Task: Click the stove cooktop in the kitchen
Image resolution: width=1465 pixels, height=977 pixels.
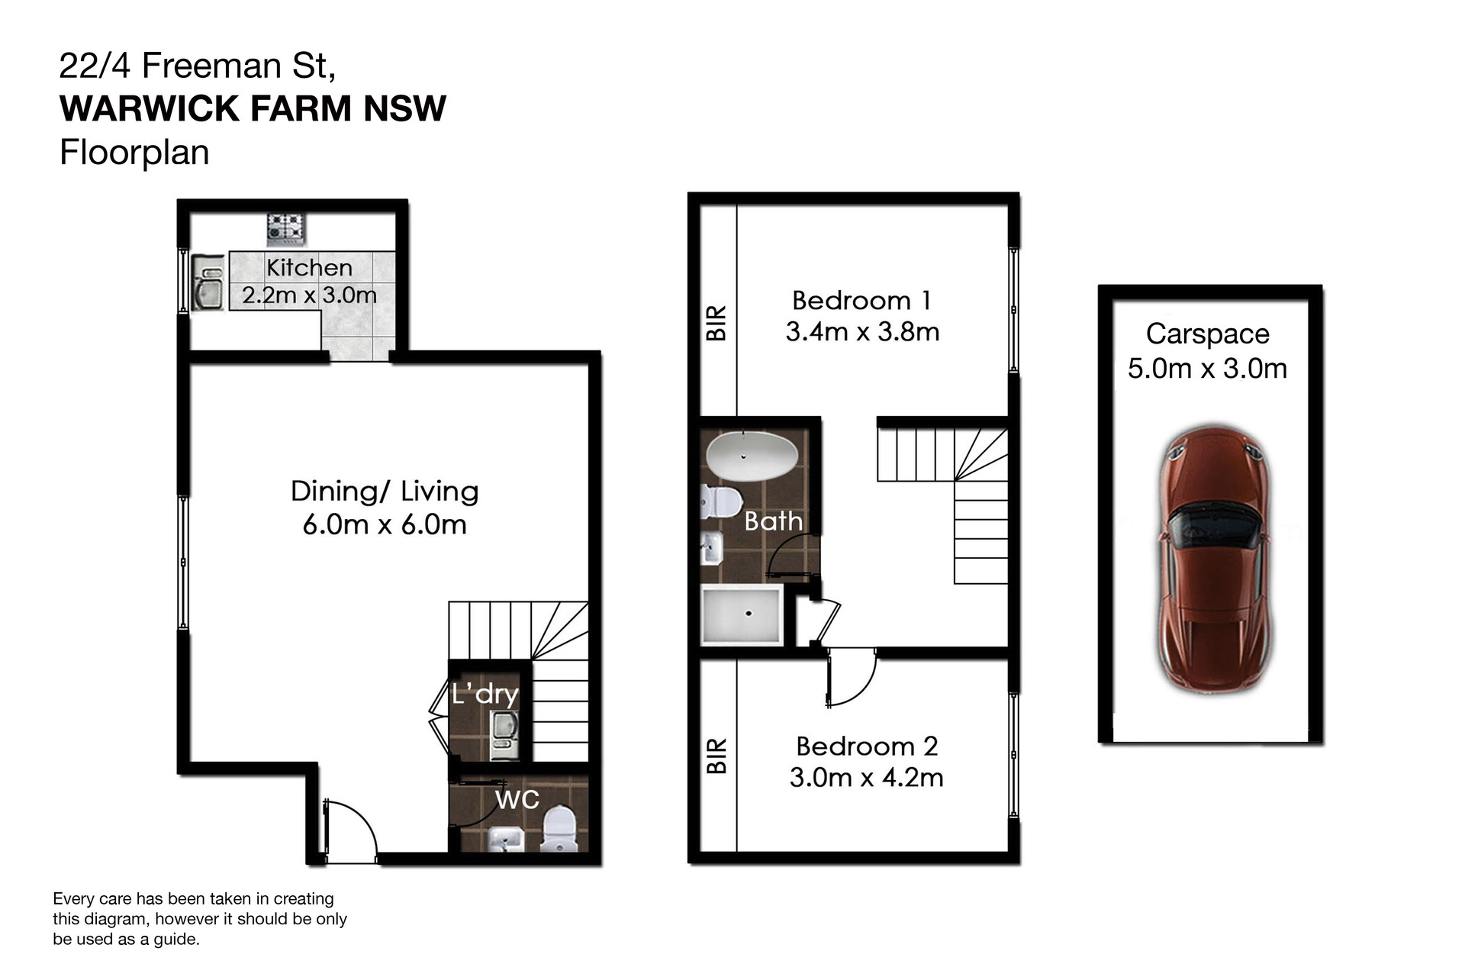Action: [x=286, y=230]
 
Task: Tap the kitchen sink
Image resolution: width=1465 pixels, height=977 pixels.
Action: [x=208, y=282]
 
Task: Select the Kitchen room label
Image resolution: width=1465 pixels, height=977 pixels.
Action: [x=309, y=268]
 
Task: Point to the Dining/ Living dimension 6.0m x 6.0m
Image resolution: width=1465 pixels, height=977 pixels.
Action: [x=385, y=524]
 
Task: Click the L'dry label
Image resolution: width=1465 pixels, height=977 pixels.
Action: [x=485, y=694]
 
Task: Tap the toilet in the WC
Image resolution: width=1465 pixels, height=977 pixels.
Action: [x=559, y=829]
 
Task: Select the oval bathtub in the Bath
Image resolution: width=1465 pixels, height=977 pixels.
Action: [x=752, y=456]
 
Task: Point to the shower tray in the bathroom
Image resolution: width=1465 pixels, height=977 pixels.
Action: [x=742, y=614]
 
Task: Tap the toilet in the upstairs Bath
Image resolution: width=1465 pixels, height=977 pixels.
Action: [x=722, y=501]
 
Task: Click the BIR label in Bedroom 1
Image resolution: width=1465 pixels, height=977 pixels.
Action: [x=716, y=323]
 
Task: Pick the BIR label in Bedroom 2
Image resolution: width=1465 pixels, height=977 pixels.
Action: [x=716, y=756]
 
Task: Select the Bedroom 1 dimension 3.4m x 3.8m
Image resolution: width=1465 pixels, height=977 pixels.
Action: [x=862, y=332]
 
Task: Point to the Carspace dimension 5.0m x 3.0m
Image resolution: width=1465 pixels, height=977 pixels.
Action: [x=1207, y=369]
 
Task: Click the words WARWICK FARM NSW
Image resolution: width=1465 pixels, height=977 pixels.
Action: [x=253, y=108]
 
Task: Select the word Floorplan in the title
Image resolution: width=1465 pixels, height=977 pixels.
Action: [x=134, y=153]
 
